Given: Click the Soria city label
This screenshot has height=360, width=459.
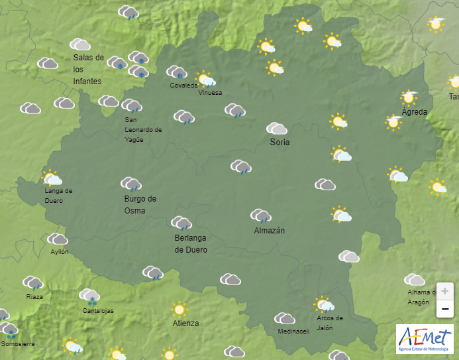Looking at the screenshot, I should pos(280,142).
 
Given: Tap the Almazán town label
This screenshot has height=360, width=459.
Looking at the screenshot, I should pos(270,230).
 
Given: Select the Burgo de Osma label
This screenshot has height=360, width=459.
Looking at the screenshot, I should pos(140,204).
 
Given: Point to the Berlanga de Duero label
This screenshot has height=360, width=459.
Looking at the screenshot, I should pos(191,244).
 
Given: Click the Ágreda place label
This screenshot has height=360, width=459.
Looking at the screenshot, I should pos(415,111).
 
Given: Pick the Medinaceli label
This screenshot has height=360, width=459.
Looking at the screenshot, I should pos(293,331).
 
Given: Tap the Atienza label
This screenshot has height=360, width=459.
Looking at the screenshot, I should pos(185,324).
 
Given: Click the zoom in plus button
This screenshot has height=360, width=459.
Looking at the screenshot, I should pos(445,291).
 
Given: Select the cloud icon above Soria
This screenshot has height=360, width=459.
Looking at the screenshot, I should pos(277,129).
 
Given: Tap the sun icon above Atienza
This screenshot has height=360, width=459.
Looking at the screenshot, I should pos(178,309).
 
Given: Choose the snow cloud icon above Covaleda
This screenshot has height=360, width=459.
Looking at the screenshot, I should pos(176,72).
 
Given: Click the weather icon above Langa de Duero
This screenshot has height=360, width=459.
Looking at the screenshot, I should pos(52,178).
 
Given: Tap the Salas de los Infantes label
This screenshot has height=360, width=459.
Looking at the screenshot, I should pos(89,69).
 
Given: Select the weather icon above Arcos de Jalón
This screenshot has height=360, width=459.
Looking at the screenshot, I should pos(324,304).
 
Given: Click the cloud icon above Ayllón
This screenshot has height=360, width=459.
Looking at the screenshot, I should pos(58,239).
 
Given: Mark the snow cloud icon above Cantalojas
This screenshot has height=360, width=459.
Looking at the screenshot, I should pos(89,296).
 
